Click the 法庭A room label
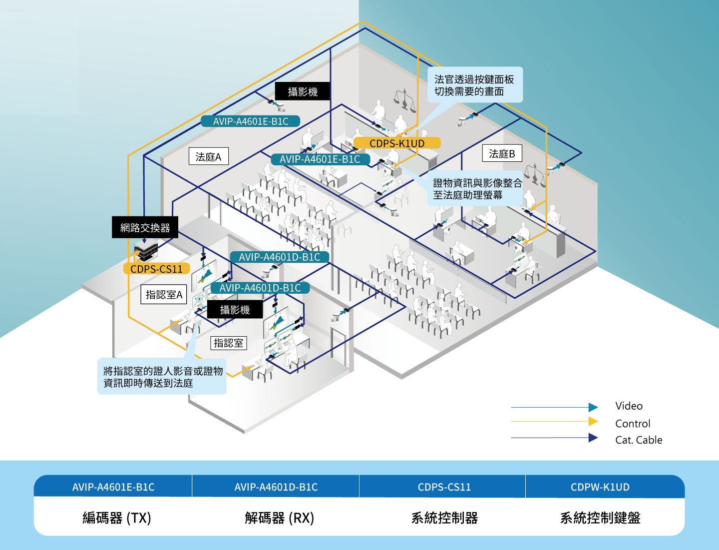(x=208, y=156)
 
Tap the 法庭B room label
(x=502, y=153)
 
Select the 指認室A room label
(x=164, y=295)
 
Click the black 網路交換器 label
(x=145, y=228)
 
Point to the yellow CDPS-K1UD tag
(x=397, y=143)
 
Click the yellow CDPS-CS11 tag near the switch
(x=156, y=269)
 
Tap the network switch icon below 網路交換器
(x=146, y=250)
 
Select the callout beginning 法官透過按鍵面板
(x=474, y=85)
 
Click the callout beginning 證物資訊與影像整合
(x=477, y=189)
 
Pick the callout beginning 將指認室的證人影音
(x=162, y=377)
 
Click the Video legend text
(x=629, y=406)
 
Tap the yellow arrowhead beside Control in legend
(x=593, y=422)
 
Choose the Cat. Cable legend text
(x=639, y=440)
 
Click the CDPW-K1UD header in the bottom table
(x=600, y=487)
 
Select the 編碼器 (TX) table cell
(x=116, y=518)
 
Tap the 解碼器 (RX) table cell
(x=279, y=518)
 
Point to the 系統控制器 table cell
(x=444, y=518)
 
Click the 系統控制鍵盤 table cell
(x=600, y=518)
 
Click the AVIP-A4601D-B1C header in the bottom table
(x=276, y=487)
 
